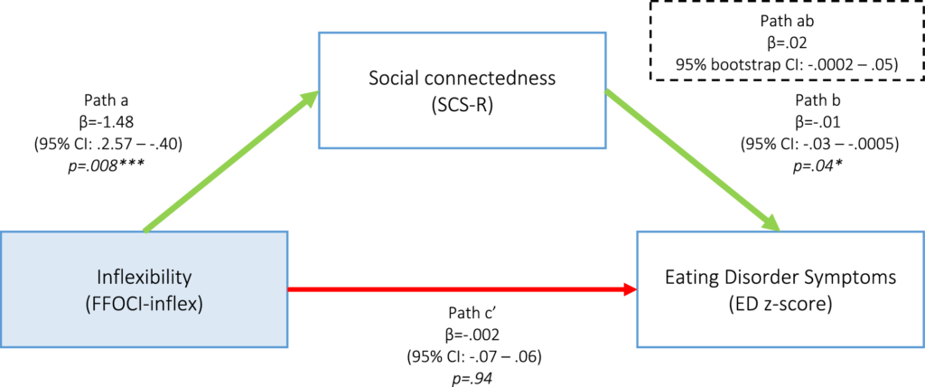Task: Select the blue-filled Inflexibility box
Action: click(144, 289)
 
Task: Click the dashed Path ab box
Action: click(786, 41)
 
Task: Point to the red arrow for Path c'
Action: click(461, 289)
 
